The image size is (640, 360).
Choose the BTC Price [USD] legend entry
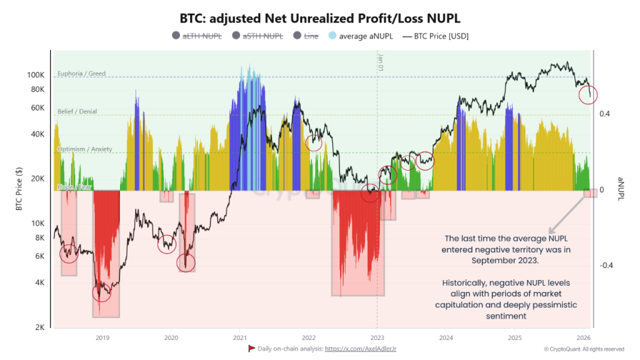[435, 36]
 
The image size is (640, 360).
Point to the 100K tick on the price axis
[35, 75]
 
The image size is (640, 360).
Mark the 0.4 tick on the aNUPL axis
[604, 114]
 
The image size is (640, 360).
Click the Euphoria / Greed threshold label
[81, 74]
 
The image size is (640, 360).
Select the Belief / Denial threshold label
[77, 111]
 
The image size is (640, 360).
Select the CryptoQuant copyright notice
[584, 349]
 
